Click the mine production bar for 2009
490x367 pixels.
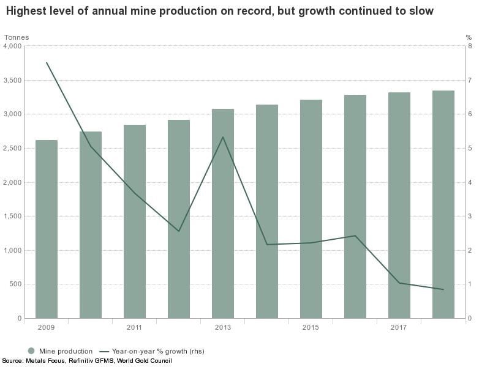(47, 229)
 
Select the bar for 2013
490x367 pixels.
(223, 213)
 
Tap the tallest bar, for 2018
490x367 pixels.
(443, 204)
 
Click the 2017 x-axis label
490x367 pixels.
(399, 327)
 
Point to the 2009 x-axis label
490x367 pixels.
(46, 327)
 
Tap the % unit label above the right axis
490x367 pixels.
(469, 37)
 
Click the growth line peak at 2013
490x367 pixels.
(223, 136)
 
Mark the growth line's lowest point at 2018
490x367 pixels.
(443, 289)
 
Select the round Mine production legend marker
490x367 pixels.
(31, 351)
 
